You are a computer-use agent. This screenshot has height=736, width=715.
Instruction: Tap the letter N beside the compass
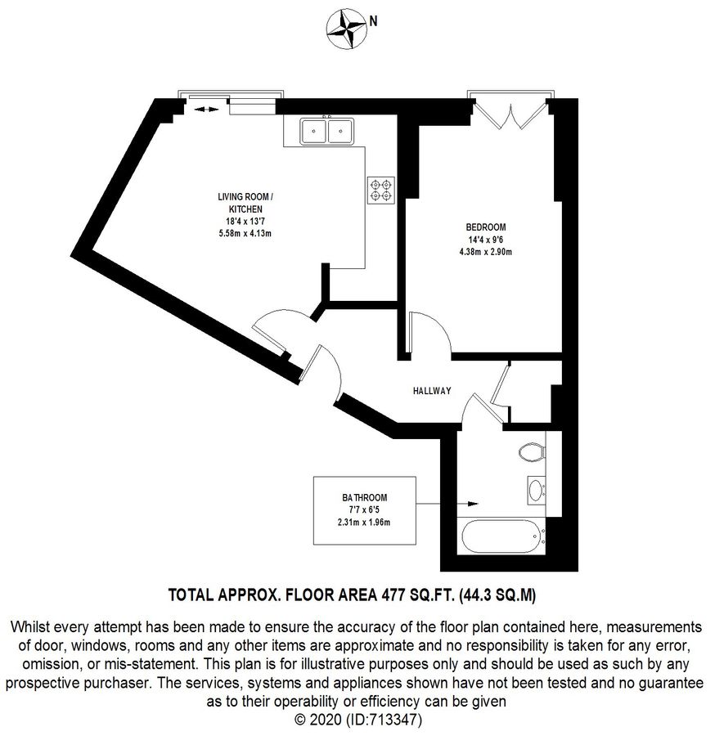click(373, 22)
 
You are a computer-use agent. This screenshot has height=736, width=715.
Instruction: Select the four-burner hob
click(380, 190)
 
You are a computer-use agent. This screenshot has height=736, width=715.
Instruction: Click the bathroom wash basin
click(536, 490)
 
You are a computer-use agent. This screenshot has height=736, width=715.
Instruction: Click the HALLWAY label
click(431, 391)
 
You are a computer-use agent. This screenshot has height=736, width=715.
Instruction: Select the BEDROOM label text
click(486, 227)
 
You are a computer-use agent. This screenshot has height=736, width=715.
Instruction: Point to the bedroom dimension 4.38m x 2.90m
click(486, 251)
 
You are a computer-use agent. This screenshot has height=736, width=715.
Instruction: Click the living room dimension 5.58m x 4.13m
click(240, 233)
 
